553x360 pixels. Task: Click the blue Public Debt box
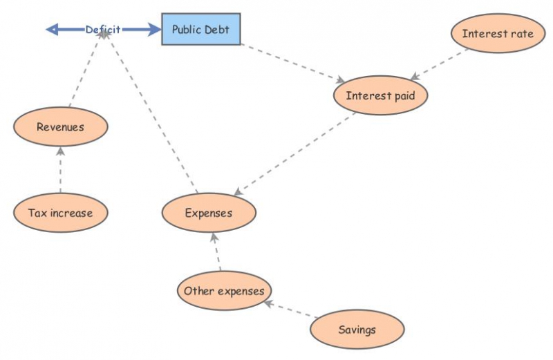tap(201, 29)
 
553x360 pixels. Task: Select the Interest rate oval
tap(497, 33)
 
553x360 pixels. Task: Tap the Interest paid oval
tap(380, 95)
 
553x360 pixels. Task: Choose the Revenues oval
tap(60, 126)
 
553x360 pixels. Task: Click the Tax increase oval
tap(61, 213)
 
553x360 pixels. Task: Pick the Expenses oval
tap(209, 213)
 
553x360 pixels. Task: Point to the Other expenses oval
tap(224, 291)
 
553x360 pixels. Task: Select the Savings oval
tap(357, 330)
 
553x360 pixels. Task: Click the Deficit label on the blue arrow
tap(102, 29)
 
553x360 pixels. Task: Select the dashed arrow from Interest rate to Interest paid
tap(440, 64)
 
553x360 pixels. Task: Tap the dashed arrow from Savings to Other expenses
tap(290, 310)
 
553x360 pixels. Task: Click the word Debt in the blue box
tap(217, 29)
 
